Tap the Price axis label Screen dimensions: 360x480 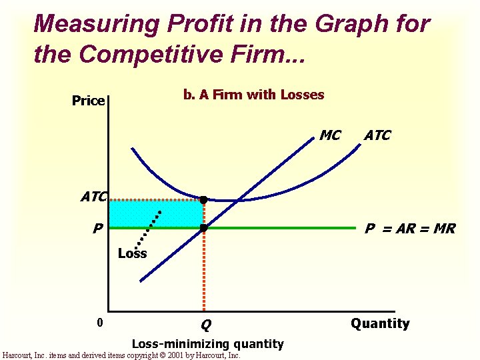click(x=89, y=101)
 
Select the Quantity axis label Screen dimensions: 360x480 click(x=380, y=323)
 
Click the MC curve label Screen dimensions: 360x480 click(x=330, y=135)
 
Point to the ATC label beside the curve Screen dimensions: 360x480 click(x=377, y=135)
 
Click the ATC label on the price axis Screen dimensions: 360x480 click(x=94, y=197)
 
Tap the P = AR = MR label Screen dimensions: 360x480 click(x=410, y=229)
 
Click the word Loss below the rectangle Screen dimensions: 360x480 click(x=132, y=253)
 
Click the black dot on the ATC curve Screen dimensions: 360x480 click(x=203, y=199)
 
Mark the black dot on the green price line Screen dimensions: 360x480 click(x=203, y=228)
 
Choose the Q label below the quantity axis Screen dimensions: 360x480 click(x=206, y=325)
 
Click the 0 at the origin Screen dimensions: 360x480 click(x=99, y=323)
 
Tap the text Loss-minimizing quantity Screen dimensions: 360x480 click(x=208, y=343)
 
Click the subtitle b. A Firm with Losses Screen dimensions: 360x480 click(x=253, y=95)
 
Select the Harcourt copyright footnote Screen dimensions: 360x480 click(x=121, y=355)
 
